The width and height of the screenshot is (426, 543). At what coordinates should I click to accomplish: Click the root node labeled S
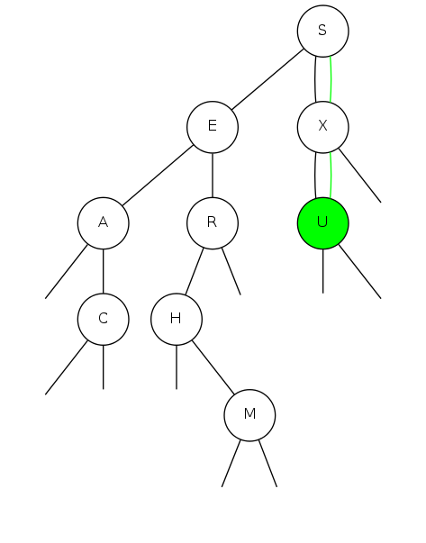322,31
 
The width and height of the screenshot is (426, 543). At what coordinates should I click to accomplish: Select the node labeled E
213,127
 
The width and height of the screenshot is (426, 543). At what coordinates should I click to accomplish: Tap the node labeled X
322,127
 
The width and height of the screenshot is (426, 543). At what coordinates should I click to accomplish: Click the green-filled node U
322,223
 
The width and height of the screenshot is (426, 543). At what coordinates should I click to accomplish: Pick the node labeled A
104,223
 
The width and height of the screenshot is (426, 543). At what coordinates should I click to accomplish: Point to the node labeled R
213,223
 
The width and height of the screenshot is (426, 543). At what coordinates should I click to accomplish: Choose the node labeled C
104,319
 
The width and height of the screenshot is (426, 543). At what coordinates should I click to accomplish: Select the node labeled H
177,319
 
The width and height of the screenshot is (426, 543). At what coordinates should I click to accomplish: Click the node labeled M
249,415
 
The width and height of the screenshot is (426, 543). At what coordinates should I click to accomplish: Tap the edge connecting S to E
267,79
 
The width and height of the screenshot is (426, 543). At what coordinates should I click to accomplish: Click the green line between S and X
331,79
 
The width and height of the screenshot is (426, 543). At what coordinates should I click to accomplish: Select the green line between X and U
331,176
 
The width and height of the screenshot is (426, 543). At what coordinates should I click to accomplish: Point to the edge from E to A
158,176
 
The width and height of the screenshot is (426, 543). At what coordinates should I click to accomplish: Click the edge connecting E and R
213,176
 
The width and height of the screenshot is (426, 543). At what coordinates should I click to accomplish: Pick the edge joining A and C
104,271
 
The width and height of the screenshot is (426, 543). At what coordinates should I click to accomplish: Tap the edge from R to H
195,272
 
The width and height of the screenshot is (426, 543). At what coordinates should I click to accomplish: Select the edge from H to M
213,367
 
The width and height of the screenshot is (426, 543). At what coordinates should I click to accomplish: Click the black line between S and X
315,79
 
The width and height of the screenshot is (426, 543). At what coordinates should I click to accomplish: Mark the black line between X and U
315,176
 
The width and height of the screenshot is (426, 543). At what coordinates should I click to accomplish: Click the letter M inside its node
249,413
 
